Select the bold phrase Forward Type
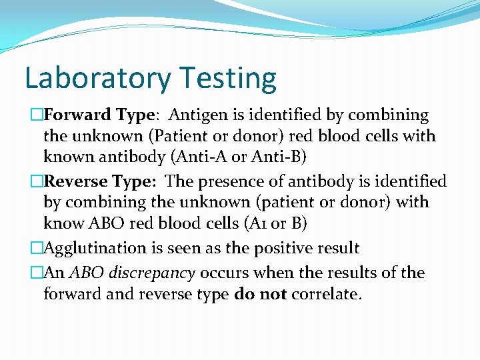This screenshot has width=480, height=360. click(x=99, y=115)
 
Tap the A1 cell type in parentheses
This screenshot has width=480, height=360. click(x=261, y=223)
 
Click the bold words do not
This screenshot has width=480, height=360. click(x=261, y=294)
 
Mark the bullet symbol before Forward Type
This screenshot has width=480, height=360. click(x=37, y=115)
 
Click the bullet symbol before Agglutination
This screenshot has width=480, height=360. click(x=37, y=249)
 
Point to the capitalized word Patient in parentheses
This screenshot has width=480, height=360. click(x=182, y=136)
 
